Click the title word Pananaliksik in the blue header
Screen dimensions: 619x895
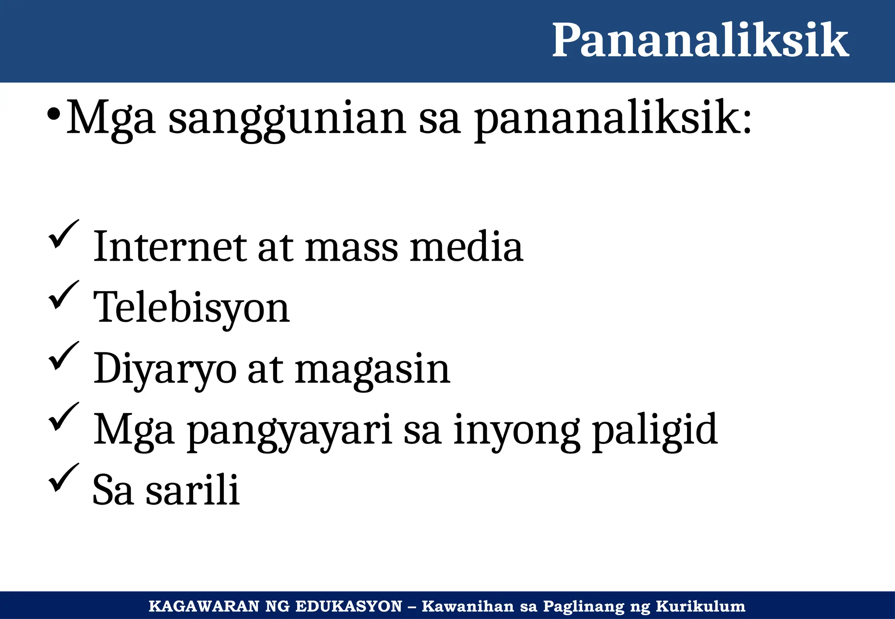(x=700, y=40)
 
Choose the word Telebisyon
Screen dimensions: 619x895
(x=191, y=308)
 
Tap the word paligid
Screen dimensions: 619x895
(x=654, y=430)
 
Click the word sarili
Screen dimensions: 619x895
(x=192, y=490)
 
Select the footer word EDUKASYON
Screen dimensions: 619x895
(x=349, y=606)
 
